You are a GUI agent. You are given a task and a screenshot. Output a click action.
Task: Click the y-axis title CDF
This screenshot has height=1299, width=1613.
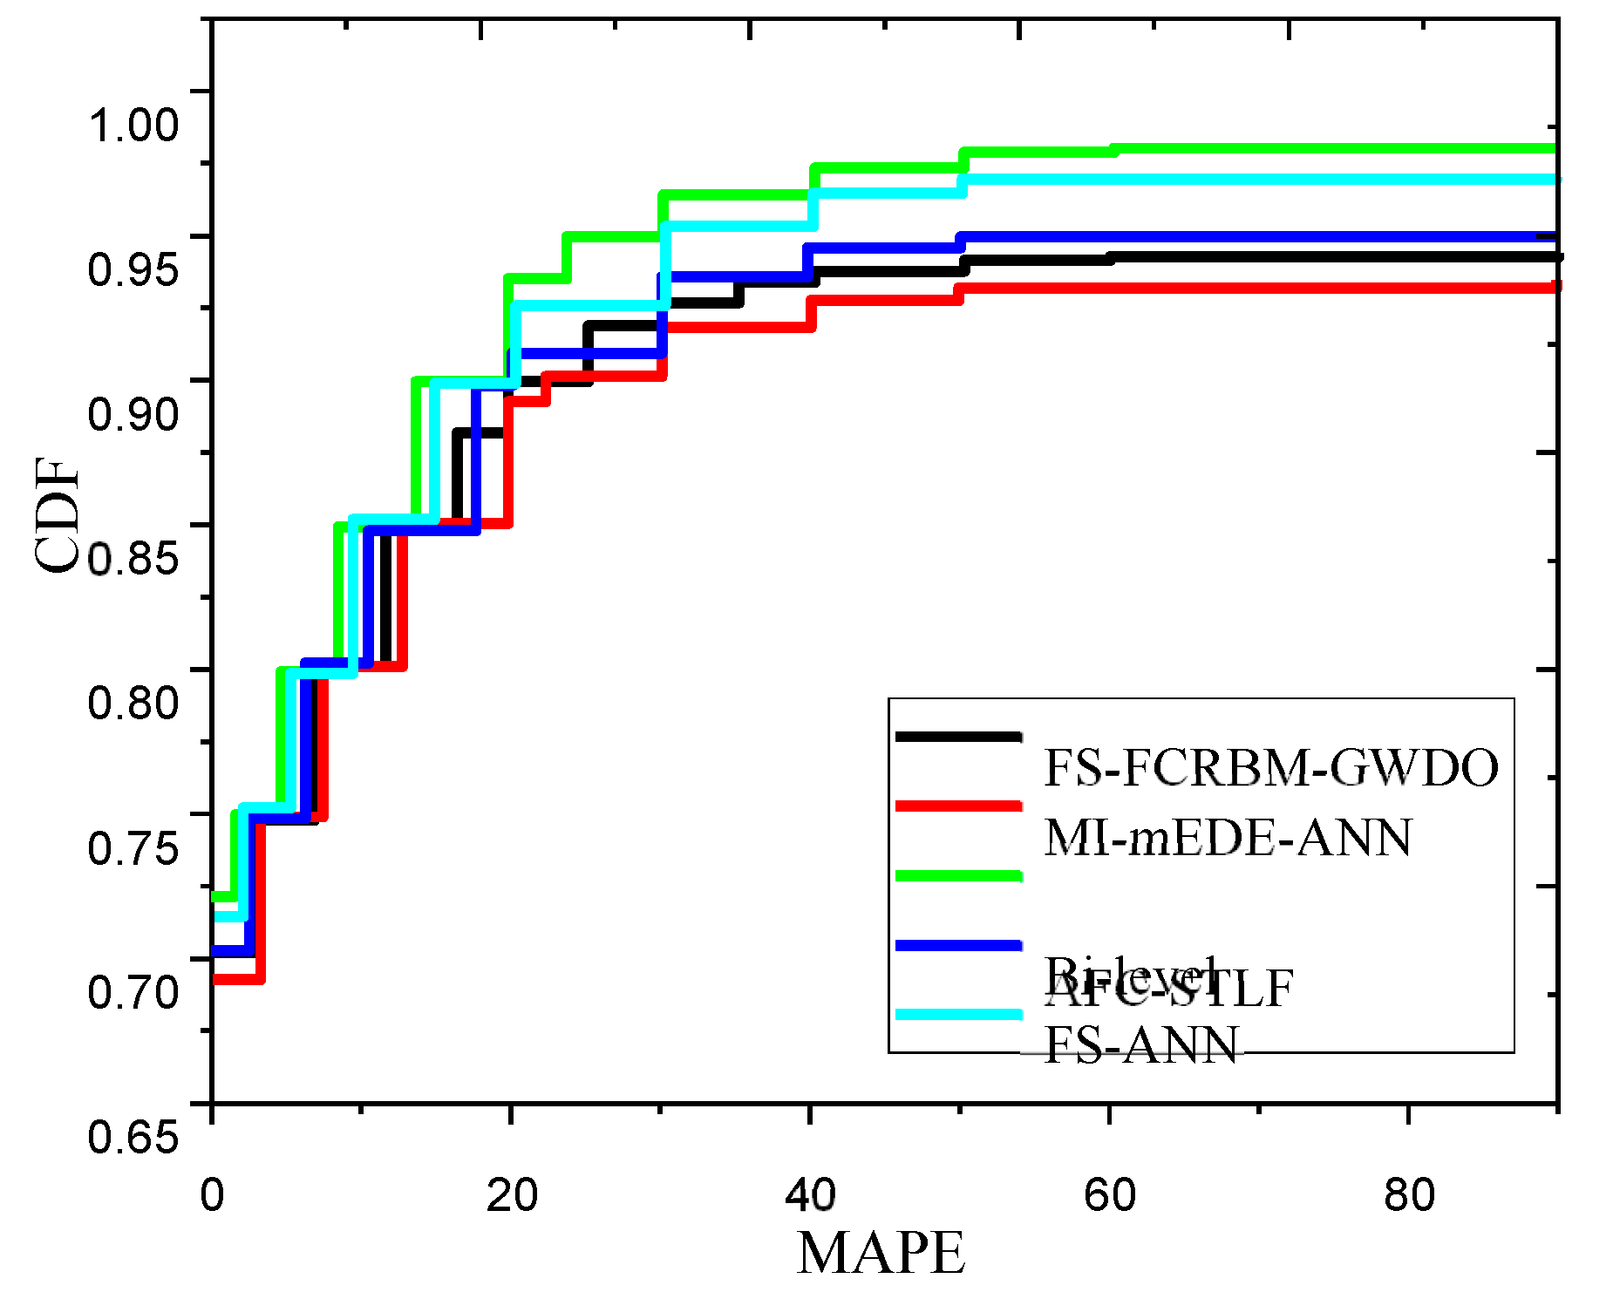57,515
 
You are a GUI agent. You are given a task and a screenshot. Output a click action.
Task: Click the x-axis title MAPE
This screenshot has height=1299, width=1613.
881,1253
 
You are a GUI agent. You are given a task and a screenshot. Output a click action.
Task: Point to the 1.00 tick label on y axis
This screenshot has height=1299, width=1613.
133,125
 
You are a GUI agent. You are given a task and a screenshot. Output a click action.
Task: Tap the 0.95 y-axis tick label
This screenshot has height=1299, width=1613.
133,269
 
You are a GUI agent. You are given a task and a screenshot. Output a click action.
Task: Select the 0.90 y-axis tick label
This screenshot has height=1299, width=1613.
133,413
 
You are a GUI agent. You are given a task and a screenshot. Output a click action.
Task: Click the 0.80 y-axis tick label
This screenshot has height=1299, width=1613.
133,702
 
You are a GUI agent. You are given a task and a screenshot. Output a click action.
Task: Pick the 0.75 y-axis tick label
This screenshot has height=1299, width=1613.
133,847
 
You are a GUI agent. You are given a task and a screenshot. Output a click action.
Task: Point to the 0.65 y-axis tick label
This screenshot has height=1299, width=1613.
133,1136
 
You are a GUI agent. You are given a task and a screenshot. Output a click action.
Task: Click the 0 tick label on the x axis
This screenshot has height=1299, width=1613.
212,1195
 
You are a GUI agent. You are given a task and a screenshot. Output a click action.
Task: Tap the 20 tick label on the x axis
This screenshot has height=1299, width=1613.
512,1195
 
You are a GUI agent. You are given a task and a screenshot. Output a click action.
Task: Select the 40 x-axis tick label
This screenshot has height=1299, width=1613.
811,1195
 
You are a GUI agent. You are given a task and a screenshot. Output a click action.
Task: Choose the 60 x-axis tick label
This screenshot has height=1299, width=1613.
1110,1195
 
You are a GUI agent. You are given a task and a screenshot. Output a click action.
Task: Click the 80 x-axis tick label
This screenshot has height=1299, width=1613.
1409,1195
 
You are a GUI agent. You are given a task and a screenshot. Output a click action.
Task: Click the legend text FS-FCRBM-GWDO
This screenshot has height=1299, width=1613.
1270,768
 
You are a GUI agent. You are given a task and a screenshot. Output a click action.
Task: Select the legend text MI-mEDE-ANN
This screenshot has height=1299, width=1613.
1228,838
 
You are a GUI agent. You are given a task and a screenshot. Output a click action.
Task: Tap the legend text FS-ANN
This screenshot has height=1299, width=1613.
1141,1044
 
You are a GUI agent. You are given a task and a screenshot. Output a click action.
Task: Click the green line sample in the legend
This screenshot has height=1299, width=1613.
958,875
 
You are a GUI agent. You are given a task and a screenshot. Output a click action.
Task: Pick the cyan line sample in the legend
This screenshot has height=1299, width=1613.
958,1014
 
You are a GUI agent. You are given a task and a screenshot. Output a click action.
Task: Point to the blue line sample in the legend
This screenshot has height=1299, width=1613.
958,945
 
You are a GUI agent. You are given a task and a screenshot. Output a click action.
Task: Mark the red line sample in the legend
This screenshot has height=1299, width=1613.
958,806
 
